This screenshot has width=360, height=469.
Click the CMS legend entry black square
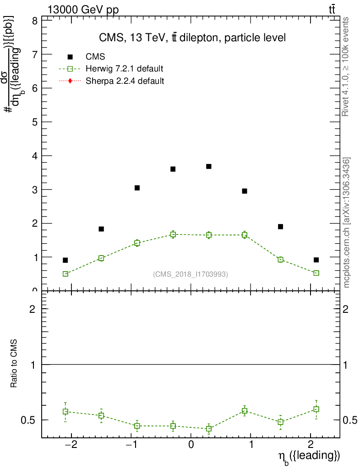[70, 57]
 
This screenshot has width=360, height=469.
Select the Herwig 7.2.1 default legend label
[125, 69]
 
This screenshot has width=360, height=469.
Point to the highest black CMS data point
[209, 166]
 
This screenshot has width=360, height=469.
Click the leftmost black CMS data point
[65, 260]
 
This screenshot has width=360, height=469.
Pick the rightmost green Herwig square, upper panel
[316, 273]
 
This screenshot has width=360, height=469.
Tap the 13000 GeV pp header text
[83, 10]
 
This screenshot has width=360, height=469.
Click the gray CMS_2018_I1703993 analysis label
[191, 274]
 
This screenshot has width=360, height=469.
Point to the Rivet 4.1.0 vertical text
[347, 66]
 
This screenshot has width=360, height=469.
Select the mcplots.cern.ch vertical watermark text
[347, 223]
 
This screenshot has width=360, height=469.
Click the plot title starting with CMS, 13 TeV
[192, 38]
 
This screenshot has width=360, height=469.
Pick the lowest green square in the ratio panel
[209, 429]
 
